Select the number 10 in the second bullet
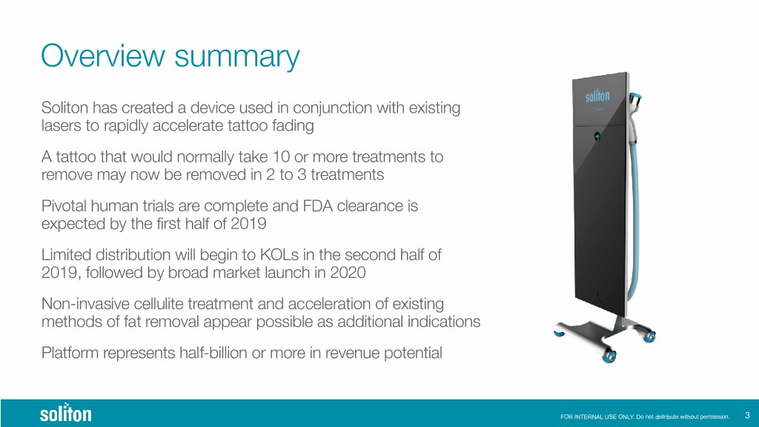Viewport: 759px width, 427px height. (x=281, y=157)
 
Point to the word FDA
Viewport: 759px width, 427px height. (x=317, y=206)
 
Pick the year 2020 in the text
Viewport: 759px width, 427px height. (x=348, y=273)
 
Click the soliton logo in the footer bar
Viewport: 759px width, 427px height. (x=65, y=413)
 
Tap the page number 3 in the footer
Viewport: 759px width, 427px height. (x=747, y=415)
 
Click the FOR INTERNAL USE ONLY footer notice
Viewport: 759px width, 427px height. (x=645, y=417)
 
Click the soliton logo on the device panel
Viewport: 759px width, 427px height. (x=597, y=95)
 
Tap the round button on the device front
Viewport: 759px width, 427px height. (x=597, y=136)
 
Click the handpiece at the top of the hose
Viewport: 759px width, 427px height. (x=634, y=109)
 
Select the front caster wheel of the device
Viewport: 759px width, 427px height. (x=609, y=357)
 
